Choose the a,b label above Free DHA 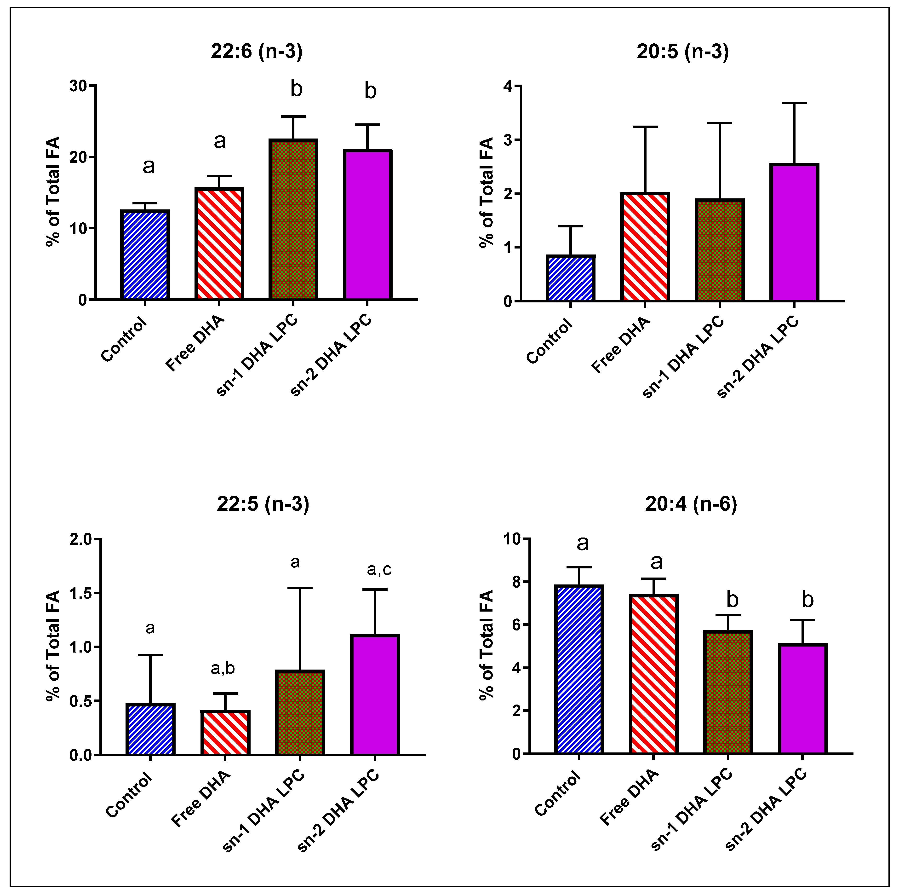coord(223,669)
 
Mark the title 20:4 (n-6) coord(691,504)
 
